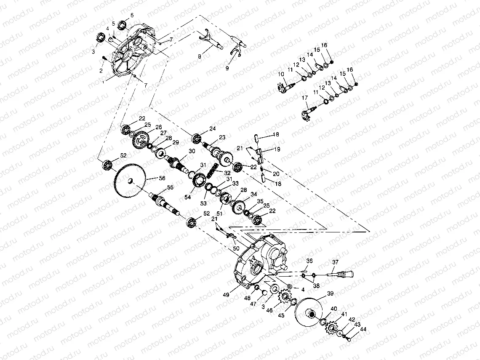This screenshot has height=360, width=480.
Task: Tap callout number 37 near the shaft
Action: [335, 262]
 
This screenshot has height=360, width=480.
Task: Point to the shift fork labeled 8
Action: [208, 41]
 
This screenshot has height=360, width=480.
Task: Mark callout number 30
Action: [192, 151]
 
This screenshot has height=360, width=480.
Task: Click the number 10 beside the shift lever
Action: [281, 75]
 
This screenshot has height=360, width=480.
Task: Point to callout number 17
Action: [305, 98]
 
